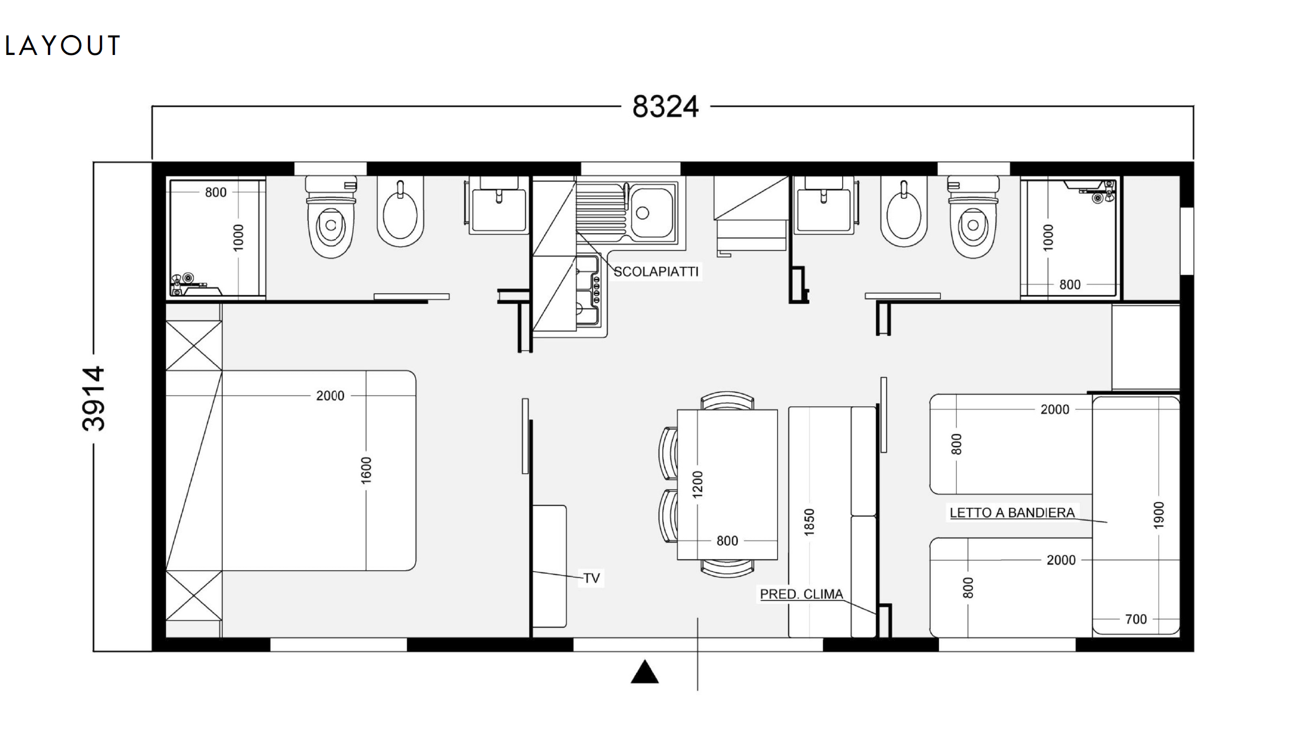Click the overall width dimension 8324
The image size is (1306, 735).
(665, 106)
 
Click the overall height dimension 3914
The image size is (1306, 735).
(94, 399)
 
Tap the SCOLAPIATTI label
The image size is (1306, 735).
(656, 272)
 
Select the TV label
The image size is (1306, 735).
(592, 578)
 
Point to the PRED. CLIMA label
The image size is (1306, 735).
(801, 594)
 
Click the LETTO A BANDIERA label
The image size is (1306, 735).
(1012, 512)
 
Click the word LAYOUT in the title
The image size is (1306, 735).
(62, 46)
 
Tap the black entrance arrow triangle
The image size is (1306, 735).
(644, 672)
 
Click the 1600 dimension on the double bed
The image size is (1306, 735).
(366, 470)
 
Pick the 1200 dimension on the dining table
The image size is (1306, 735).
(698, 484)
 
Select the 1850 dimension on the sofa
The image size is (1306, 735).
(809, 522)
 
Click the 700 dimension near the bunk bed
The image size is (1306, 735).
(1136, 619)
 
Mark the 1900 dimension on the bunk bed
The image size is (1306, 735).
(1159, 515)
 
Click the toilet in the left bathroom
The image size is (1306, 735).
(331, 217)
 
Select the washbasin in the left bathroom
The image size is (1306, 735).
(498, 205)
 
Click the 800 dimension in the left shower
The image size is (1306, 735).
(216, 192)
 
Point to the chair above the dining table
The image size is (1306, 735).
(727, 401)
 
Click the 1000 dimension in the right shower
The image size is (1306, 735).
(1048, 238)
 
